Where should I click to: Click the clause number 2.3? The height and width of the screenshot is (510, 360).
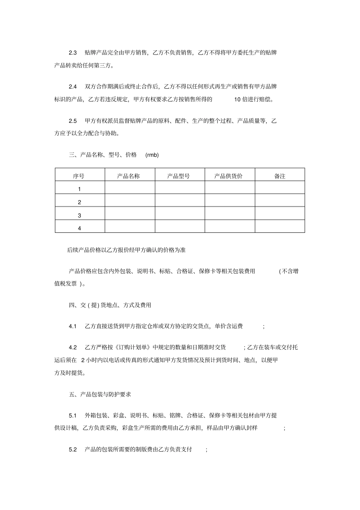pyautogui.click(x=73, y=53)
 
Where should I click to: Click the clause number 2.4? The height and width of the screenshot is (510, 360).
pyautogui.click(x=73, y=87)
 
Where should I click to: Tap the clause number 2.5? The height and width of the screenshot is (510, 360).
pyautogui.click(x=73, y=121)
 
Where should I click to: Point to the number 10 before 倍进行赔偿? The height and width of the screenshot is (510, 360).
pyautogui.click(x=238, y=100)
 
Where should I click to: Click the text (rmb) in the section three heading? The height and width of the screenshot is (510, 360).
pyautogui.click(x=152, y=155)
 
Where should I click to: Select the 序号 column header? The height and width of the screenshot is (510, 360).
pyautogui.click(x=79, y=176)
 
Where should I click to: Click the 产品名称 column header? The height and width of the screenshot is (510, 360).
pyautogui.click(x=128, y=176)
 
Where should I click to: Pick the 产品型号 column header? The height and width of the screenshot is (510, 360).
pyautogui.click(x=178, y=176)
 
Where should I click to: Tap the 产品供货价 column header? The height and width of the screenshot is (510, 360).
pyautogui.click(x=229, y=176)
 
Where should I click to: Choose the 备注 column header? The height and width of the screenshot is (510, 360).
pyautogui.click(x=279, y=176)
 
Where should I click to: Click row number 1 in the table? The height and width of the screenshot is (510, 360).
pyautogui.click(x=79, y=189)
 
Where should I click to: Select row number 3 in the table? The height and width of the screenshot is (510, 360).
pyautogui.click(x=79, y=215)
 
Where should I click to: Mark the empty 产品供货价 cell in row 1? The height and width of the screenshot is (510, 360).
pyautogui.click(x=230, y=188)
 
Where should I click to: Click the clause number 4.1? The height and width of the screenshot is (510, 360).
pyautogui.click(x=73, y=326)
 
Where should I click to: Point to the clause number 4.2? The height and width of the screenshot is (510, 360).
pyautogui.click(x=73, y=347)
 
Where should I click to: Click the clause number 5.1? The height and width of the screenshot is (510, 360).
pyautogui.click(x=73, y=415)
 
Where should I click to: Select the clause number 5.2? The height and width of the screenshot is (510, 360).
pyautogui.click(x=73, y=449)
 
